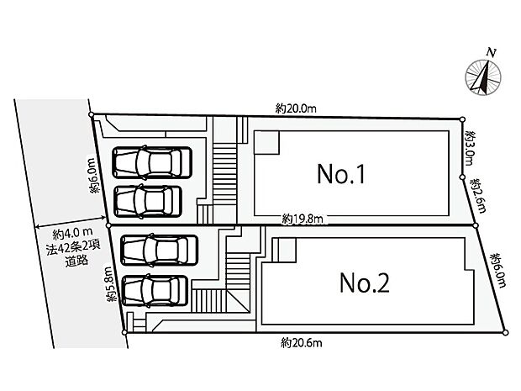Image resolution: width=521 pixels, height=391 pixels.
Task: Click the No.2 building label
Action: [x=364, y=283]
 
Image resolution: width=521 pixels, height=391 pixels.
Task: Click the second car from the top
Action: [x=147, y=200]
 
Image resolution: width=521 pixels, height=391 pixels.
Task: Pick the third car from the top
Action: [x=160, y=250]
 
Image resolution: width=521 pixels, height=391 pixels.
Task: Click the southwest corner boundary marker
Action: [x=125, y=333]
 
